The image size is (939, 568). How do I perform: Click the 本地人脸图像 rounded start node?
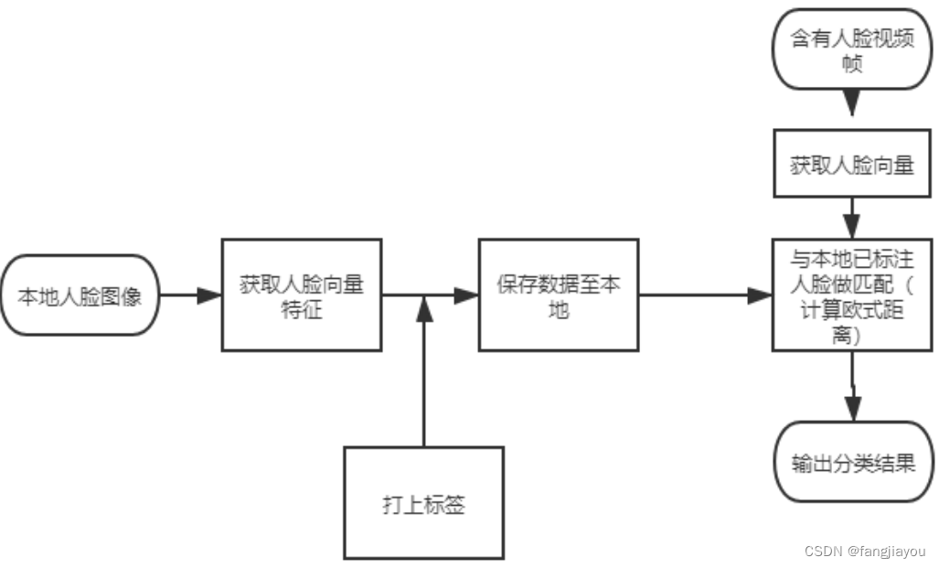80,296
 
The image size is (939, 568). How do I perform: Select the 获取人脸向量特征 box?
302,295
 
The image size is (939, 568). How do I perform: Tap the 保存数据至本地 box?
559,295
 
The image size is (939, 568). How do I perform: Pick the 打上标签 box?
423,503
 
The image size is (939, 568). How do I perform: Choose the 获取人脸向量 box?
851,165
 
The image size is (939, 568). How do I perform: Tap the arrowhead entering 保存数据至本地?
467,295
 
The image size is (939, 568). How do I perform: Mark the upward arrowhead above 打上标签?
423,308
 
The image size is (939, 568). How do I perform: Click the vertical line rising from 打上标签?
423,384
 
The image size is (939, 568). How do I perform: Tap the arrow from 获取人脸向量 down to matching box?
851,218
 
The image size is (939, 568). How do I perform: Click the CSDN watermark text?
823,552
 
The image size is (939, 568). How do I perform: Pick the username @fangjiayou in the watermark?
886,552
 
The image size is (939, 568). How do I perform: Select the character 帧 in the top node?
851,66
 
